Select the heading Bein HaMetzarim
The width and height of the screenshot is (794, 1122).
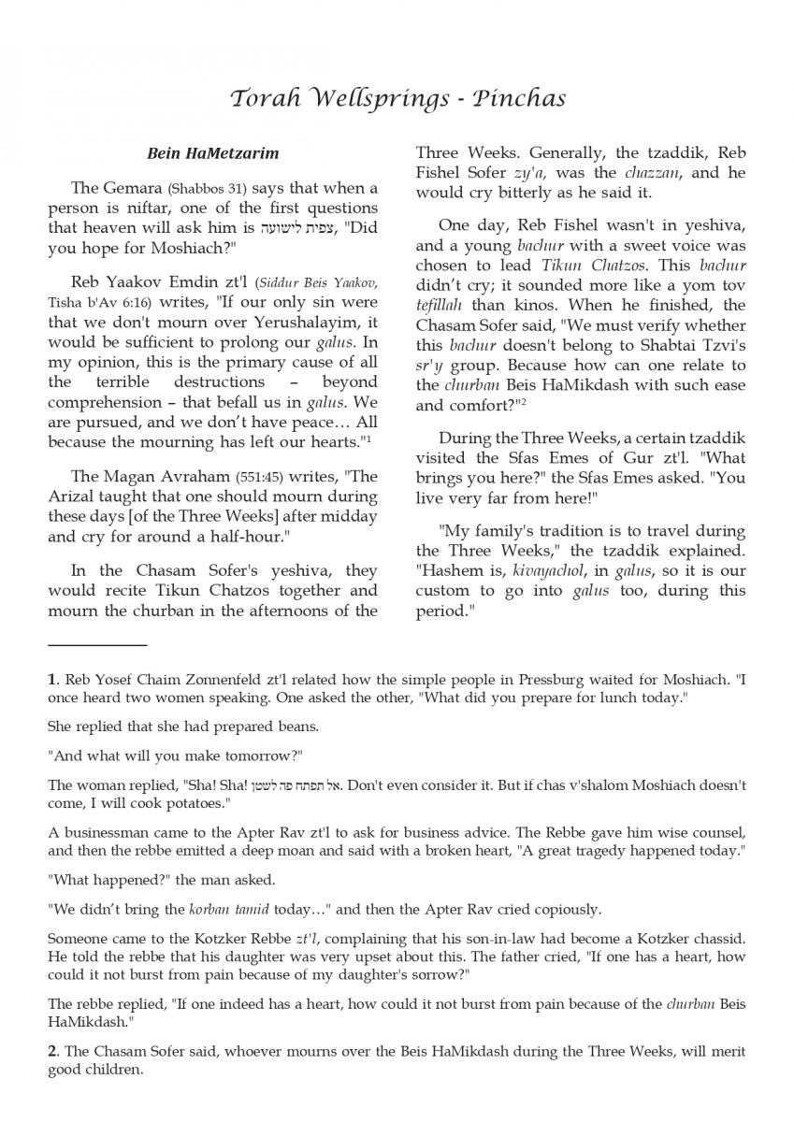212,152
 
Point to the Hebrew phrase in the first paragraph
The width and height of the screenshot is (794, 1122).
290,228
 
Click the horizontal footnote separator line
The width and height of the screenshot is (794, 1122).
97,645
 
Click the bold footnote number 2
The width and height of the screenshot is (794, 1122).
53,1052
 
